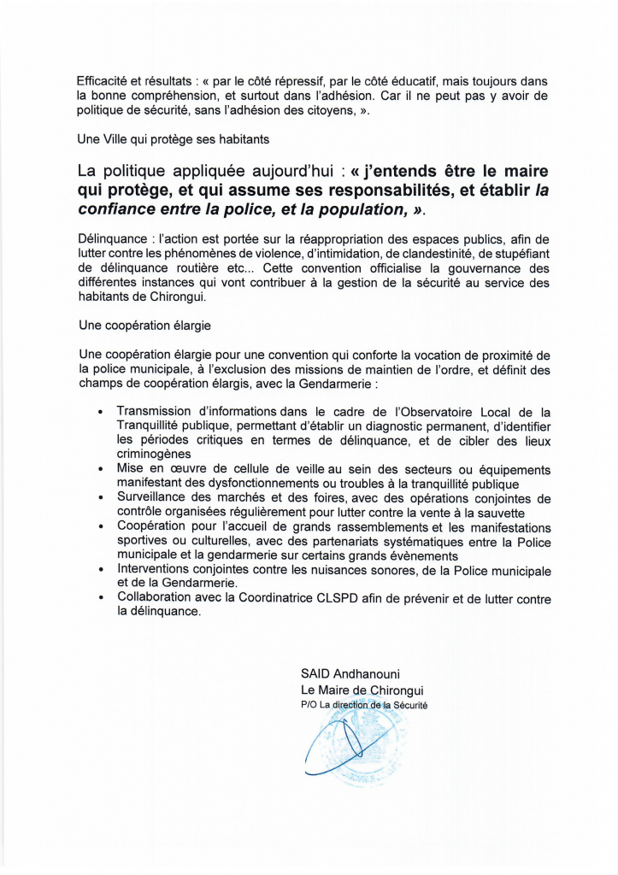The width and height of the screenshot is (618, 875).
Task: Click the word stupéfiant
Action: pos(514,254)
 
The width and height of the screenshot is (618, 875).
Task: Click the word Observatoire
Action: pos(439,412)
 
